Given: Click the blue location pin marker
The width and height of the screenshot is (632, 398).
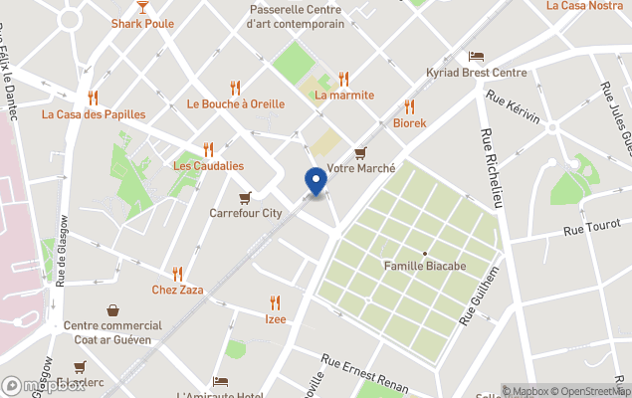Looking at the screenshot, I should [316, 181].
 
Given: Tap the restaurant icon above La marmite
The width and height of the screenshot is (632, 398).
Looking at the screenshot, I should [343, 78].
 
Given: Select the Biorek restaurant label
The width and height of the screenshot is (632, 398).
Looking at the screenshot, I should [409, 123].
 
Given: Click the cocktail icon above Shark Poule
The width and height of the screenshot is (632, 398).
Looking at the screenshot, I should [142, 6].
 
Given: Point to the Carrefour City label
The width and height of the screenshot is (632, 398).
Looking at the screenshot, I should [246, 213].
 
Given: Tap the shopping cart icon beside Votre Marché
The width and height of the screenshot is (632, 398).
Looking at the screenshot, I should [360, 152].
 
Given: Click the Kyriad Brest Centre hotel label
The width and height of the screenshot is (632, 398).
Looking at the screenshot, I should [477, 74].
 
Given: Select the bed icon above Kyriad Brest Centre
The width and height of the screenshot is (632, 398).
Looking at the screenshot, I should [477, 56].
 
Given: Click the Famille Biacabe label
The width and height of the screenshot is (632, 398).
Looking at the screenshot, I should [425, 267].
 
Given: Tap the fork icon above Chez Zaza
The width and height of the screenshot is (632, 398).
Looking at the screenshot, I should [177, 273].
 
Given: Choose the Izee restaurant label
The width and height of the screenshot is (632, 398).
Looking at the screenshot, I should [276, 319].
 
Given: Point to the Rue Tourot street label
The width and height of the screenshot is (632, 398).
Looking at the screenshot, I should [591, 231].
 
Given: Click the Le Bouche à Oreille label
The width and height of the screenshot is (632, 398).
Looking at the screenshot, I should [235, 103].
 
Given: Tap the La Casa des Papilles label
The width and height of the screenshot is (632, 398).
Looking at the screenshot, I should [93, 114].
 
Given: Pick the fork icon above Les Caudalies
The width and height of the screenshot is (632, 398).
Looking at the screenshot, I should [208, 149].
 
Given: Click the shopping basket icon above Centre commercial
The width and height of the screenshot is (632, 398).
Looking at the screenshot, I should [112, 310].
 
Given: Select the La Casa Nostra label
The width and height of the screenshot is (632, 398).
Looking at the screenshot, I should [585, 6].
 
